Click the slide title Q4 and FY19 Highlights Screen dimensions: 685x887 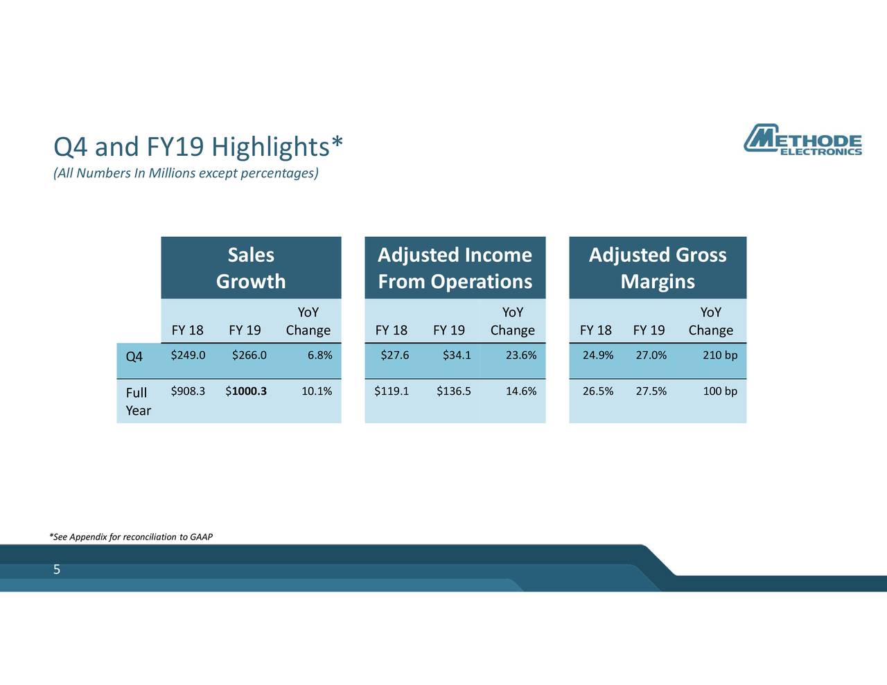(x=198, y=147)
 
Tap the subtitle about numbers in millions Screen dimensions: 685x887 (x=186, y=172)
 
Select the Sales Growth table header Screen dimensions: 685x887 (x=251, y=268)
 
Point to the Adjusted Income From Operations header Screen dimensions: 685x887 (x=455, y=268)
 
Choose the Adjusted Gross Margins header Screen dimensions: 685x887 (x=657, y=268)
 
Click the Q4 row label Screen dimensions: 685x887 (x=134, y=357)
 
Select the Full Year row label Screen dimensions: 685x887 (x=137, y=401)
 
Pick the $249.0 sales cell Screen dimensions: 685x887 (x=188, y=355)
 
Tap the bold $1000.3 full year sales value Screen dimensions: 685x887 (x=246, y=391)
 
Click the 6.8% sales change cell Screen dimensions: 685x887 (x=319, y=355)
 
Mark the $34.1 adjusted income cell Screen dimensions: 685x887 (x=457, y=355)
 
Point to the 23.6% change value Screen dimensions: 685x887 (x=521, y=355)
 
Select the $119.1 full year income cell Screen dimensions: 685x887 (x=392, y=391)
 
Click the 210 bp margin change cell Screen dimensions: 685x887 (x=719, y=355)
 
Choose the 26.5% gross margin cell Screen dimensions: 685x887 (x=597, y=391)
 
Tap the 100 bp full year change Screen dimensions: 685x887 (x=719, y=391)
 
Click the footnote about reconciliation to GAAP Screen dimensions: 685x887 (x=131, y=537)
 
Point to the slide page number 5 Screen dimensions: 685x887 (x=57, y=570)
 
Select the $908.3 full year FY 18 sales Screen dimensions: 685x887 (x=188, y=391)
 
